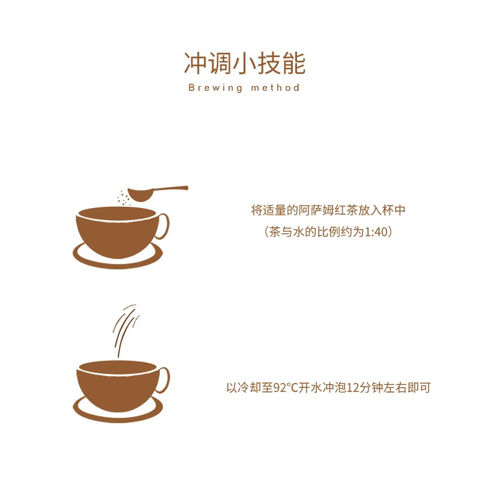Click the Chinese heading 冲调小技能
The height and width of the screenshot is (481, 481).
[245, 64]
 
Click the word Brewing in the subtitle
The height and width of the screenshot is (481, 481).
[215, 88]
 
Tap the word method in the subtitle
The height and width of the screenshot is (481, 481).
[275, 88]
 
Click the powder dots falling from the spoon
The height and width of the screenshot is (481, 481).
[123, 198]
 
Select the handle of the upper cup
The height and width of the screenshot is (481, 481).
[163, 226]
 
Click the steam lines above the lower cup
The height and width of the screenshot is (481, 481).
[125, 330]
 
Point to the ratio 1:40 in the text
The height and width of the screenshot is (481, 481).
[376, 232]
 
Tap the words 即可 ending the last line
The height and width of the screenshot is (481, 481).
[419, 388]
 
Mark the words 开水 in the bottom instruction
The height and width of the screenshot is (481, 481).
[310, 388]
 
